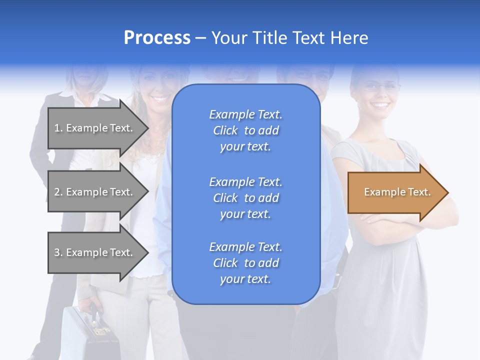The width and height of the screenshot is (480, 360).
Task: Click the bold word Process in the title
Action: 157,38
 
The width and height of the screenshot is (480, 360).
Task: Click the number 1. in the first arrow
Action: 58,128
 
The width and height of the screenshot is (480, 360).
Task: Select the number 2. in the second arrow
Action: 58,192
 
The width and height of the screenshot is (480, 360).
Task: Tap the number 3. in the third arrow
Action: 58,252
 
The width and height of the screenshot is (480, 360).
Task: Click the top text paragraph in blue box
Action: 245,130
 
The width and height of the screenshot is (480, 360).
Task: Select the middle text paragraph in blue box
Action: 245,198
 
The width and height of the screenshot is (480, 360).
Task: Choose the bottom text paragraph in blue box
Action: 245,263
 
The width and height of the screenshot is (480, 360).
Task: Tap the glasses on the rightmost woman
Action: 381,87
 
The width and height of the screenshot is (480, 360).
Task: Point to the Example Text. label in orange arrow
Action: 397,192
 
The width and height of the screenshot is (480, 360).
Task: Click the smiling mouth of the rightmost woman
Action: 381,105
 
